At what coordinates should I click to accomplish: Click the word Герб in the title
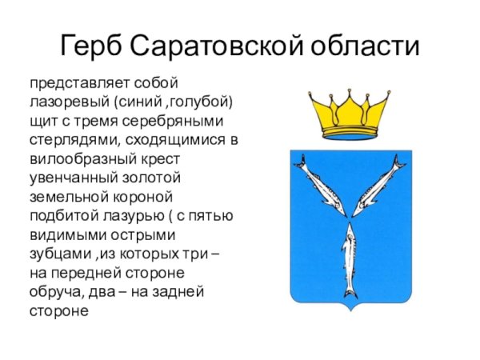[93, 46]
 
